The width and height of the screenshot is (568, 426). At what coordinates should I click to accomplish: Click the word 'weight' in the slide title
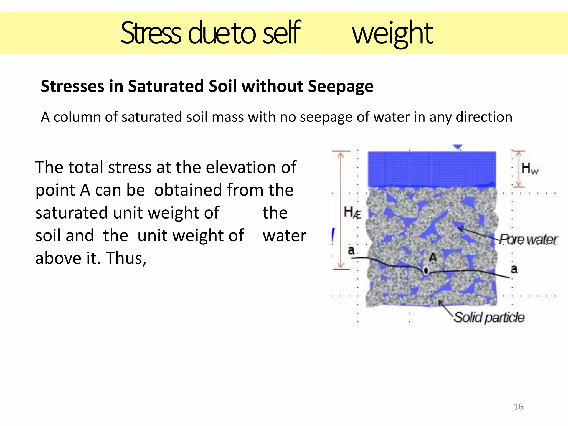coord(392,34)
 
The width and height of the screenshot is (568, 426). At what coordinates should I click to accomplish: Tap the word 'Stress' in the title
coord(151,33)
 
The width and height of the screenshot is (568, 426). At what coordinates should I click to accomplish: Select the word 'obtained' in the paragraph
coord(188,190)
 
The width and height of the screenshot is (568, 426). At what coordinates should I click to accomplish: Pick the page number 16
coord(518,407)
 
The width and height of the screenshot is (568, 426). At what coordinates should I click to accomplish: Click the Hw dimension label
coord(529,169)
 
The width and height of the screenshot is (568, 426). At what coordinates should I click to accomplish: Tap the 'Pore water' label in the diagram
coord(528,240)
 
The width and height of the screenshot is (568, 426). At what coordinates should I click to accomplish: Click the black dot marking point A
coord(426,270)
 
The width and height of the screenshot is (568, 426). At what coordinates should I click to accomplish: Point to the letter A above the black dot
coord(433,258)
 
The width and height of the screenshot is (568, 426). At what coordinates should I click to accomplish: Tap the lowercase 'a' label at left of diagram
coord(351,250)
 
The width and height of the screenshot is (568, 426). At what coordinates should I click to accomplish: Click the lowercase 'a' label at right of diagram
coord(514,269)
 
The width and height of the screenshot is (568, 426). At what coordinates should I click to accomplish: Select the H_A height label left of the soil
coord(352,213)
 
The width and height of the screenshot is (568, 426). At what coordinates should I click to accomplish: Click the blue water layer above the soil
coord(432,169)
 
